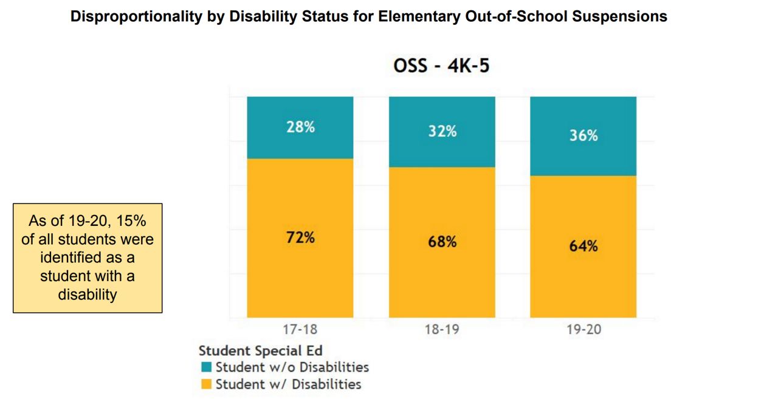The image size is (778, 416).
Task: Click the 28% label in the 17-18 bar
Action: pos(300,128)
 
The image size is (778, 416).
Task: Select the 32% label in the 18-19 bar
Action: pos(442,131)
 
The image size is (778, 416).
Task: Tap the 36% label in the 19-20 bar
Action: pos(583,135)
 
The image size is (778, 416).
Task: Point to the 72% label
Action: pos(300,237)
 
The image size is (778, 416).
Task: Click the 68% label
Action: pos(442,242)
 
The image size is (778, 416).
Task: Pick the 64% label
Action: pos(583,246)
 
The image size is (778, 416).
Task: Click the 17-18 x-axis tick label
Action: pos(300,330)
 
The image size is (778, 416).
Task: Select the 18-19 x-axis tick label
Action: pos(442,330)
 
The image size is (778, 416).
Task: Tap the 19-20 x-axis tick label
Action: pos(583,330)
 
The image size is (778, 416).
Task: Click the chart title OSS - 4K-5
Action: pos(441,66)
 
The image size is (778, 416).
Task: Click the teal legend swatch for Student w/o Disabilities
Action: pos(207,367)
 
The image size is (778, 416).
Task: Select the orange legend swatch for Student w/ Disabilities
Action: pos(207,384)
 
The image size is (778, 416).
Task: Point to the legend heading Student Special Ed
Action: pos(260,350)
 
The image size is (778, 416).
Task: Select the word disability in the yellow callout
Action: pos(88,295)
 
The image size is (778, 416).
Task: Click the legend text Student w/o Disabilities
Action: pos(292,367)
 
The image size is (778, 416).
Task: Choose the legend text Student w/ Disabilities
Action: pos(288,384)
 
